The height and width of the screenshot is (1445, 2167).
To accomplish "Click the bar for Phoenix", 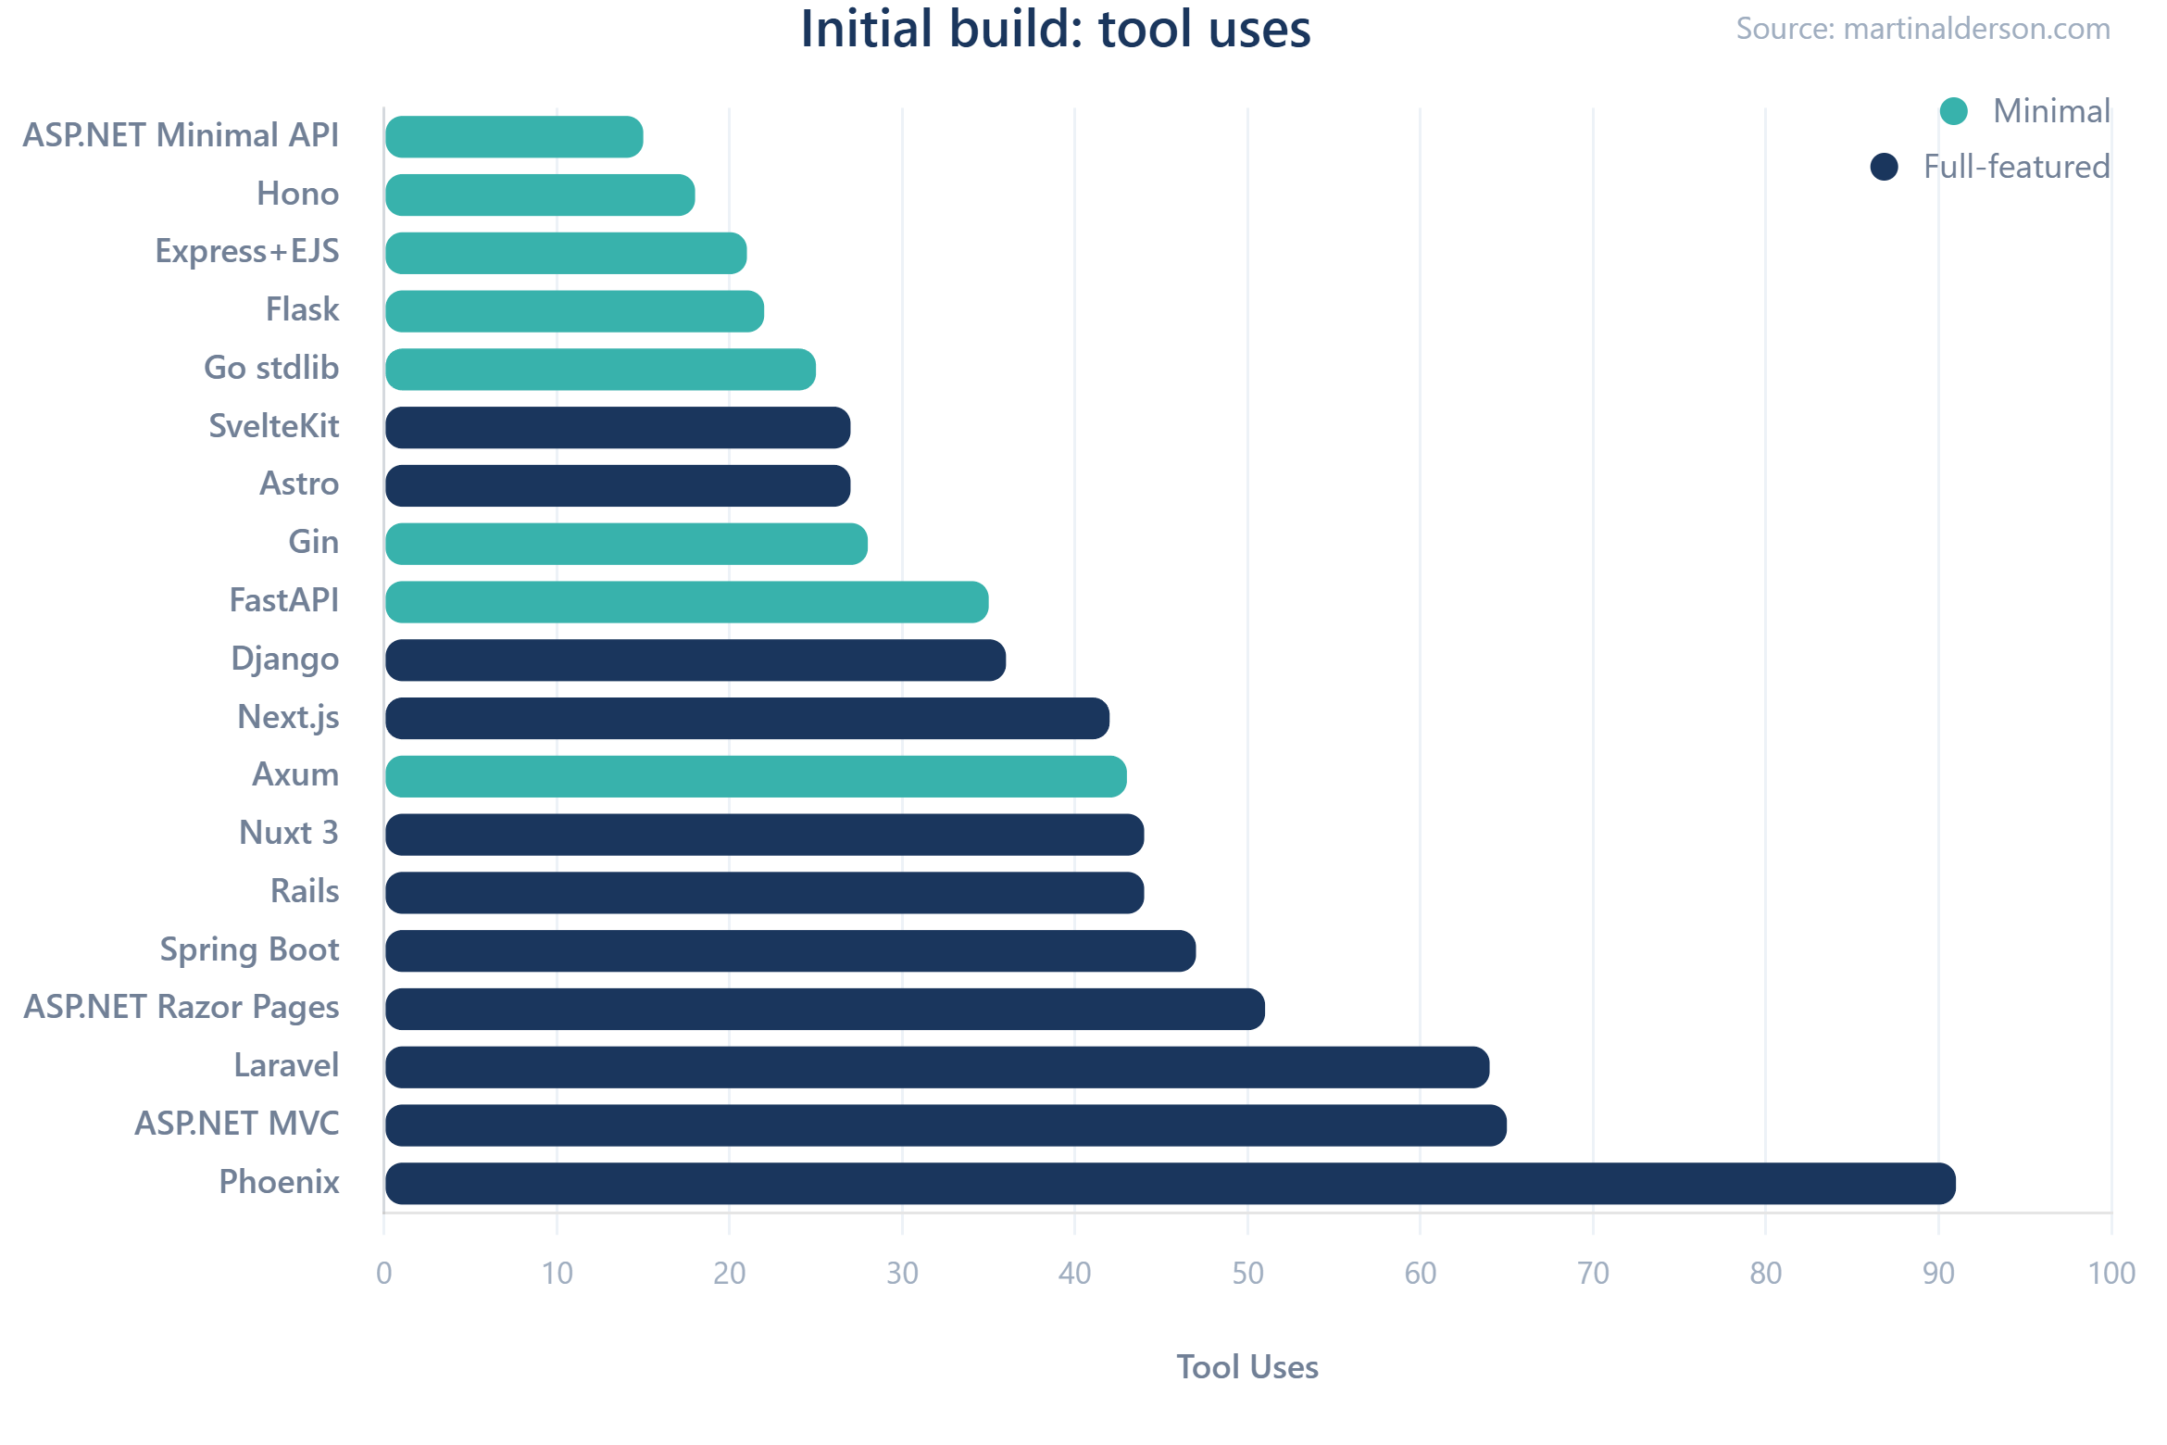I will [x=1171, y=1184].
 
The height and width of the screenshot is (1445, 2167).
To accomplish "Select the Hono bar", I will [x=540, y=195].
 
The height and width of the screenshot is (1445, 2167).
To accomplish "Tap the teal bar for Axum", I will [x=756, y=776].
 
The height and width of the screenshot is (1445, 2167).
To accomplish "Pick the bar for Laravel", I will [x=937, y=1067].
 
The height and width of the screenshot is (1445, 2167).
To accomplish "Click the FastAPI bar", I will [x=686, y=602].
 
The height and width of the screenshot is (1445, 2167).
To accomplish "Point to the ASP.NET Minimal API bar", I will [x=514, y=137].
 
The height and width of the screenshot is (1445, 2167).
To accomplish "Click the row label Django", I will [x=284, y=660].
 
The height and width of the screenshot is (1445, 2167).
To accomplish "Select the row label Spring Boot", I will [x=249, y=950].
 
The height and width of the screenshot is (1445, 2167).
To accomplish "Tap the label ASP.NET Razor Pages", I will [x=182, y=1008].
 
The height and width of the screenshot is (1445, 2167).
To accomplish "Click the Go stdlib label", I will [x=271, y=369].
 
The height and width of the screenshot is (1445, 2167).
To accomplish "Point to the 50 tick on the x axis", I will [x=1247, y=1274].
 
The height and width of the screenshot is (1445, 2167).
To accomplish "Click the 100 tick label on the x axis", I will [x=2111, y=1274].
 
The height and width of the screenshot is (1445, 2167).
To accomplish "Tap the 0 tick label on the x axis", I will [x=384, y=1274].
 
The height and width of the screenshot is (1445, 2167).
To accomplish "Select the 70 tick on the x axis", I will [x=1593, y=1274].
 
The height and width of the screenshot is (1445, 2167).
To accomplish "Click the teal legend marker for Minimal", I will [x=1953, y=111].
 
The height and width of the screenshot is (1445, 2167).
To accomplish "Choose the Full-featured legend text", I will [x=2016, y=167].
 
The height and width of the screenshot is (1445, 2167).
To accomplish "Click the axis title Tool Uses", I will [x=1246, y=1367].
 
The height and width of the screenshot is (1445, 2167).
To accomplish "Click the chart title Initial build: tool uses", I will [x=1055, y=30].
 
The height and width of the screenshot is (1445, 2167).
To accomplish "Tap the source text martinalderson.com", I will [x=1923, y=30].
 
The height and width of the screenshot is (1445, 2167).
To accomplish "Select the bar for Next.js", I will [x=747, y=719].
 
